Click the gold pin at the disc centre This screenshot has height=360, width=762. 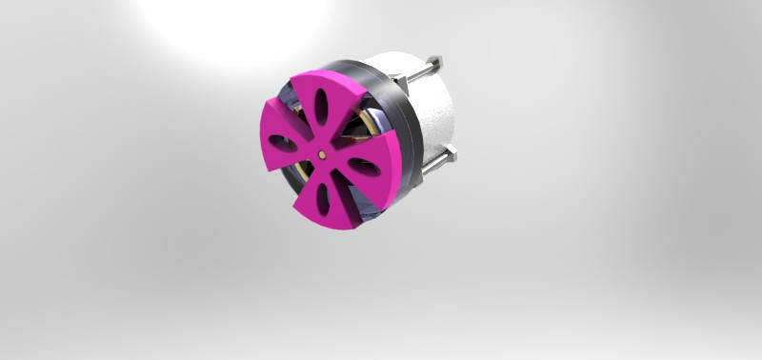[x=323, y=152]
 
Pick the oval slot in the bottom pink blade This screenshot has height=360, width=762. [x=324, y=197]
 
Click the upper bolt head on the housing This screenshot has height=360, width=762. [x=436, y=63]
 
